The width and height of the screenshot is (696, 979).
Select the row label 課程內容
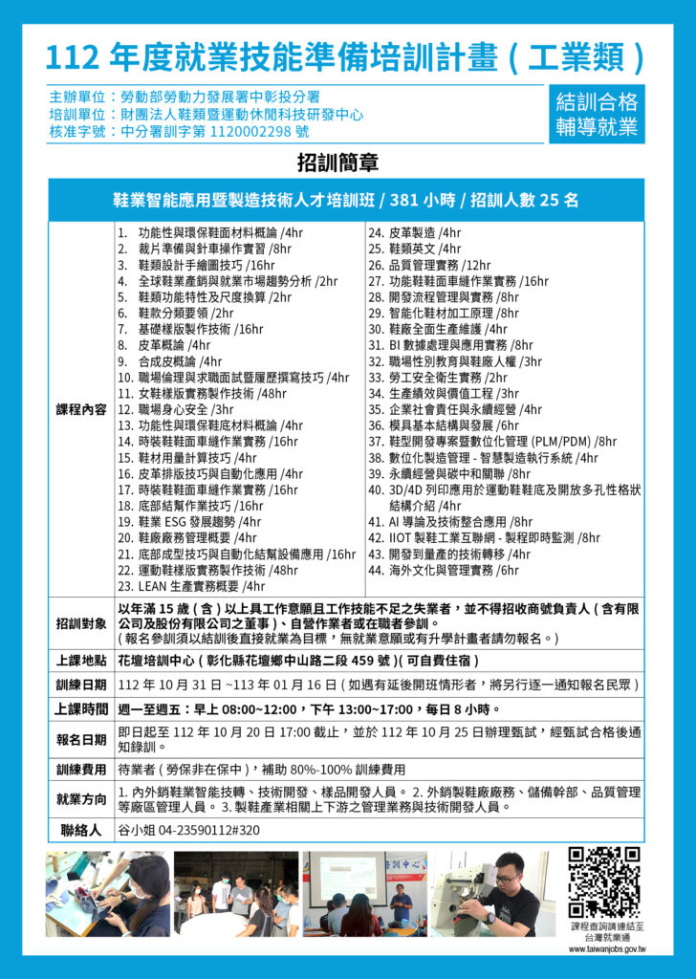81,409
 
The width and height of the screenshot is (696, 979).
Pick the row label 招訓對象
81,624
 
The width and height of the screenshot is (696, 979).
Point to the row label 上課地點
81,661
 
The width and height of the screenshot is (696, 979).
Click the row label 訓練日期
81,685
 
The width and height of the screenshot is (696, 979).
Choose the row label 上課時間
81,709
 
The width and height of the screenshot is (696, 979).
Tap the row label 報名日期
81,739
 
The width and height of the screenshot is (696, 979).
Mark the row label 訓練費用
81,770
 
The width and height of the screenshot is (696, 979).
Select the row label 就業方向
81,799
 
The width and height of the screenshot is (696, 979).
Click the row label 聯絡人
81,830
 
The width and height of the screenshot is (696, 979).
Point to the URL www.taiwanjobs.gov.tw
607,949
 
